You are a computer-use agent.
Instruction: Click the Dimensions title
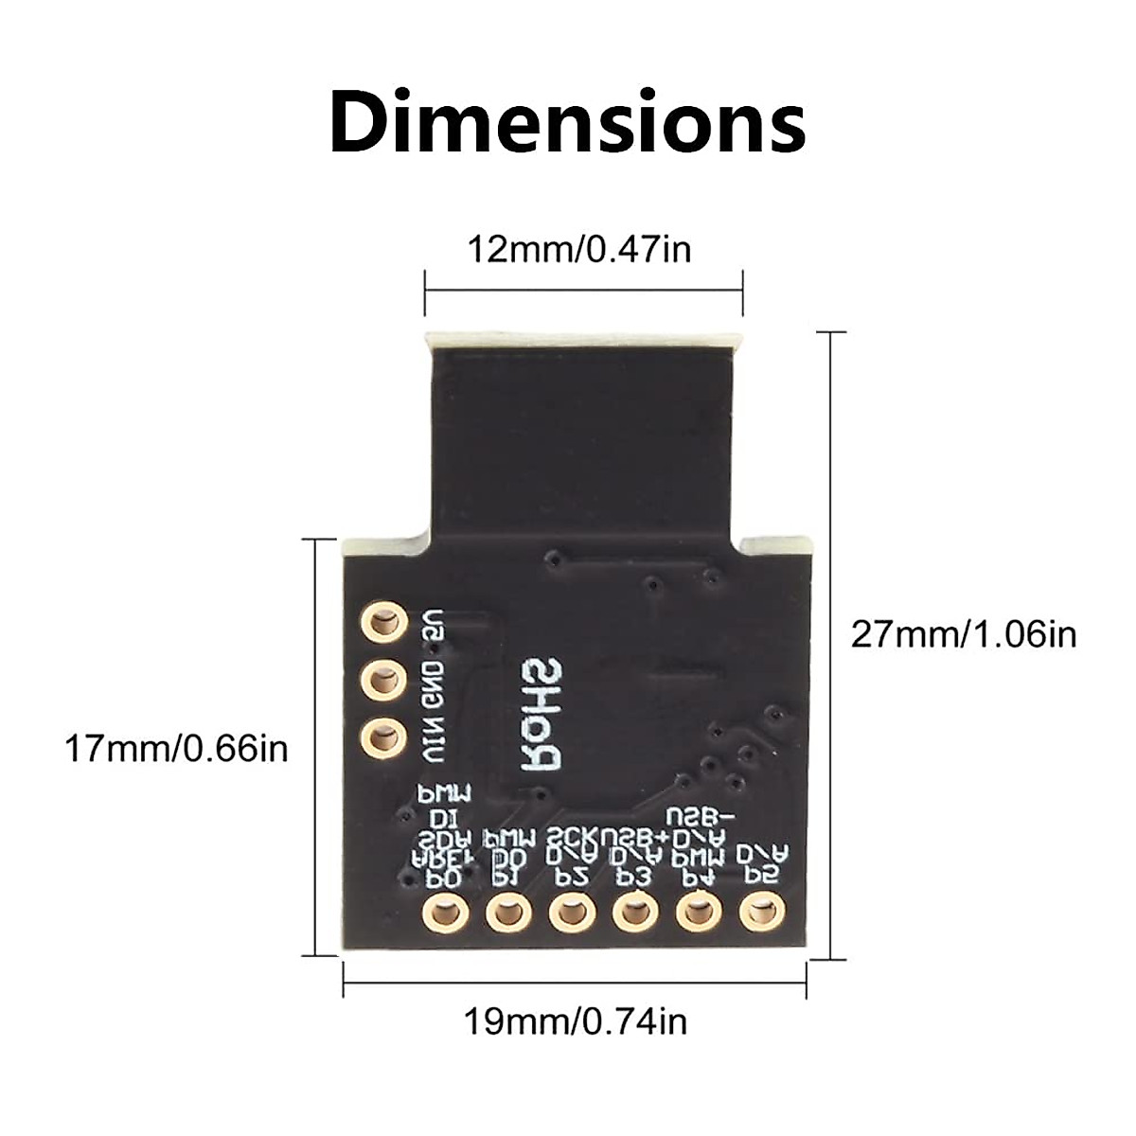(568, 122)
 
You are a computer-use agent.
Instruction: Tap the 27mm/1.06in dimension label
(964, 633)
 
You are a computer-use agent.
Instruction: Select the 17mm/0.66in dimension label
(175, 749)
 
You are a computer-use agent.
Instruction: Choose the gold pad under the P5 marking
(759, 914)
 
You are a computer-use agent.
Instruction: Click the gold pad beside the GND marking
(382, 680)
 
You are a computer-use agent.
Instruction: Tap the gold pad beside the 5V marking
(382, 623)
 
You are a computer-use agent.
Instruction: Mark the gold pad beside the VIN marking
(382, 737)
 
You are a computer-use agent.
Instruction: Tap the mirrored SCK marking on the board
(573, 838)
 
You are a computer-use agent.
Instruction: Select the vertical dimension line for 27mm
(830, 645)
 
